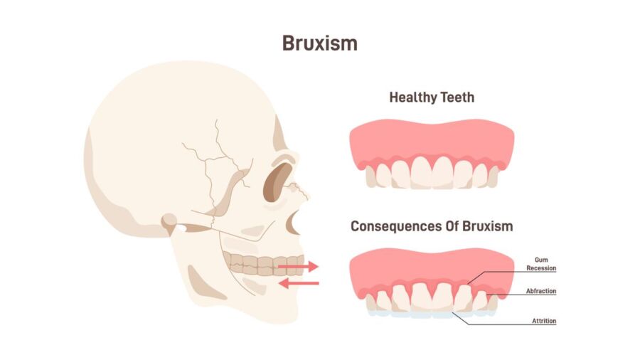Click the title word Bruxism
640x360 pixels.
coord(319,43)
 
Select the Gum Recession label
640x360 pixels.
coord(541,264)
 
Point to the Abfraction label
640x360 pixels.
coord(541,291)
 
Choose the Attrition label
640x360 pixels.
coord(544,321)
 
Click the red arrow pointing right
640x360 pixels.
coord(298,267)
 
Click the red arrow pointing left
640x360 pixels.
coord(299,283)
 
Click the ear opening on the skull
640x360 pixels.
coord(181,228)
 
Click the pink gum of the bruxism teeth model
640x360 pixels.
coord(432,270)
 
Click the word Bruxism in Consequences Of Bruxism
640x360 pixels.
coord(487,226)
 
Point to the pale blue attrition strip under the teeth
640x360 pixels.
coord(432,314)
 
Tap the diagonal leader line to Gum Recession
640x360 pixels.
coord(476,277)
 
